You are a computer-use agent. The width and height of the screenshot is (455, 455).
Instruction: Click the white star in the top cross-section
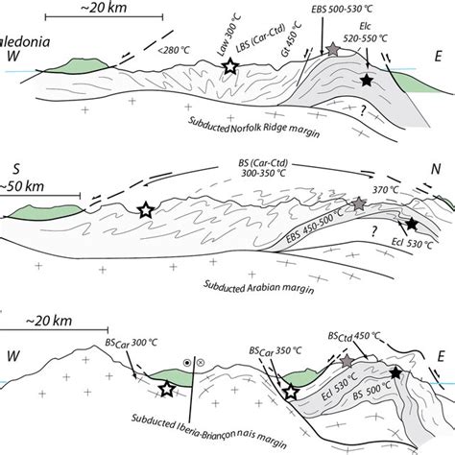pyautogui.click(x=230, y=67)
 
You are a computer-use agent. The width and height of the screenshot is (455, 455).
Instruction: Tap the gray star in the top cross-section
pyautogui.click(x=334, y=48)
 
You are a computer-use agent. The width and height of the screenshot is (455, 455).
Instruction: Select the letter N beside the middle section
pyautogui.click(x=436, y=169)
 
